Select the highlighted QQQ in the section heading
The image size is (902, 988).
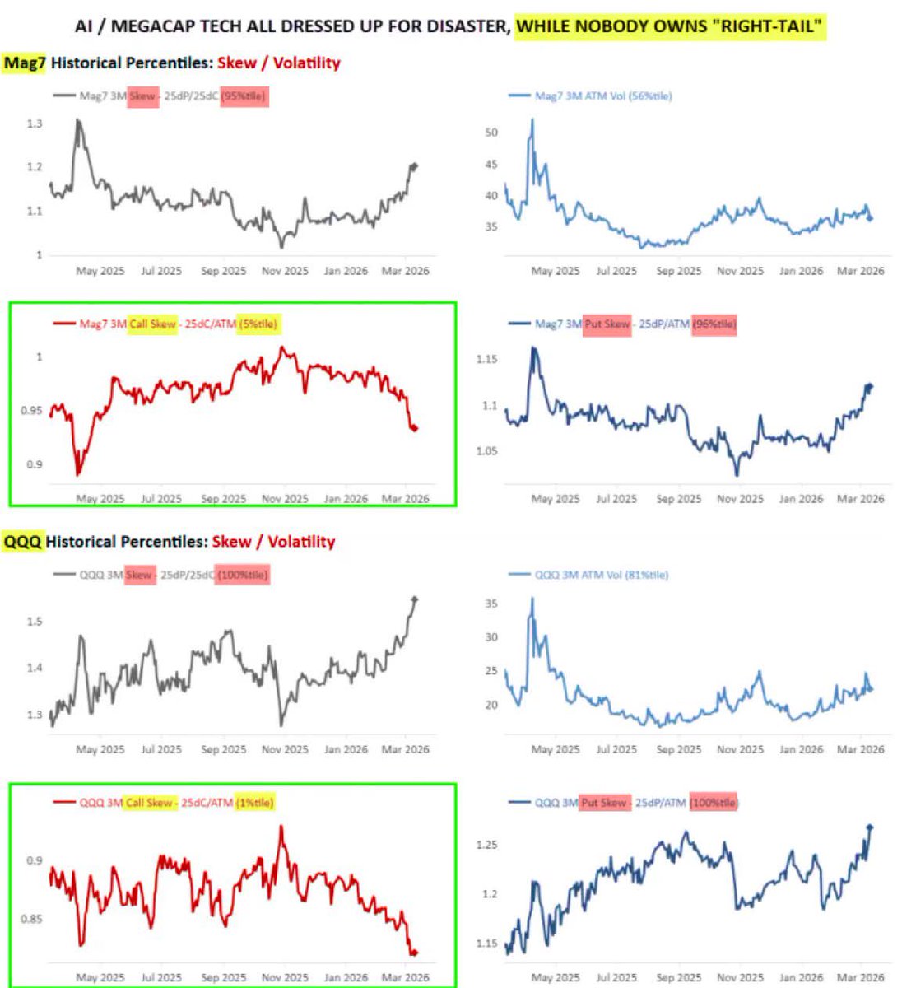point(22,542)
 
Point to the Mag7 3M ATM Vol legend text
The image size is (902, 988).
point(602,96)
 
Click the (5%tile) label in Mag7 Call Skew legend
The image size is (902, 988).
point(258,324)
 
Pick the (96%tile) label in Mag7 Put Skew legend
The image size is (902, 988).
point(714,324)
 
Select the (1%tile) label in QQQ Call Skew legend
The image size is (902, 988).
point(254,802)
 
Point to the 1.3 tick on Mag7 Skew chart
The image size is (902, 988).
point(35,123)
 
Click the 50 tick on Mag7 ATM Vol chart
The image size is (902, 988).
point(491,132)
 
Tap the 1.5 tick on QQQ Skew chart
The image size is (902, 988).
point(35,621)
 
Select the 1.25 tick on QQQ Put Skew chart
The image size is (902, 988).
point(487,845)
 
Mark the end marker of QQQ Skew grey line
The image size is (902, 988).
point(415,599)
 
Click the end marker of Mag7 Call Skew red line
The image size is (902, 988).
point(414,428)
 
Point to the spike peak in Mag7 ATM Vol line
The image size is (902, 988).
point(532,120)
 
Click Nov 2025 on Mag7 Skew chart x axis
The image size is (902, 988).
point(285,271)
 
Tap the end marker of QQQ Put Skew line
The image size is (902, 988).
point(870,827)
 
